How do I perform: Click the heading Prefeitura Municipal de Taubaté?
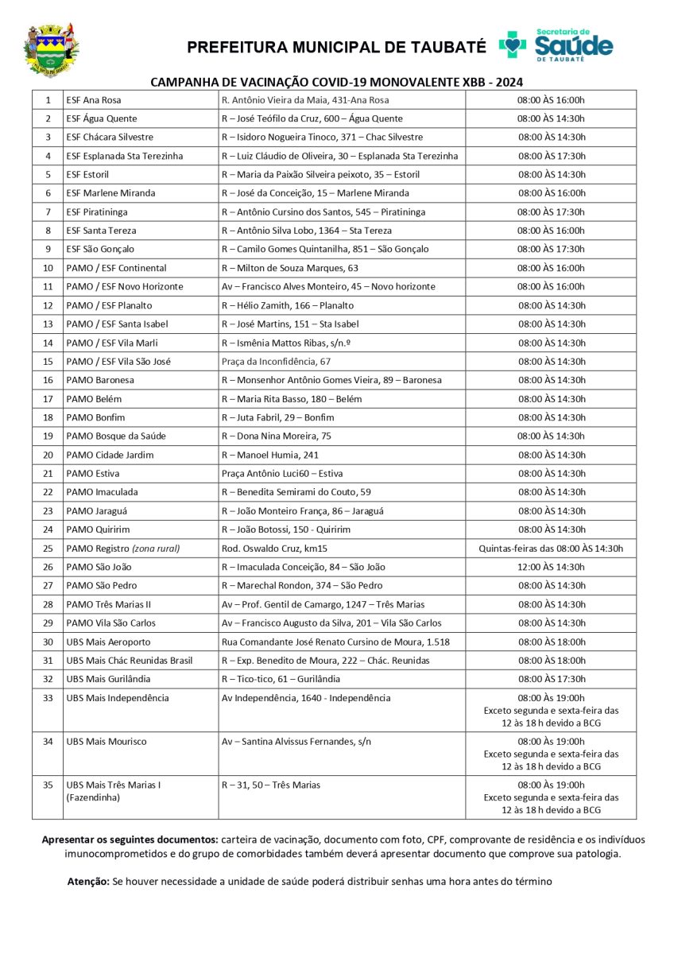(336, 48)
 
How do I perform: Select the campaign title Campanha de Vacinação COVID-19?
(337, 82)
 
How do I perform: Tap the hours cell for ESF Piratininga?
(551, 212)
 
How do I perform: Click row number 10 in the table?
(48, 268)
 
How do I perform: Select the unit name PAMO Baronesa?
(99, 380)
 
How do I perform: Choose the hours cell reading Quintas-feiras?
(551, 549)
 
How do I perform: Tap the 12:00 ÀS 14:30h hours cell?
(551, 567)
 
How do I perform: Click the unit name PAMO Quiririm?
(99, 529)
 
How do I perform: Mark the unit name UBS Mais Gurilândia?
(108, 679)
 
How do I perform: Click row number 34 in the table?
(48, 742)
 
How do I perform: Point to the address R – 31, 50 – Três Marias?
(271, 785)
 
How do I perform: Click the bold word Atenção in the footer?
(88, 882)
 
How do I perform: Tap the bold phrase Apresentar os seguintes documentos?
(130, 840)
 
